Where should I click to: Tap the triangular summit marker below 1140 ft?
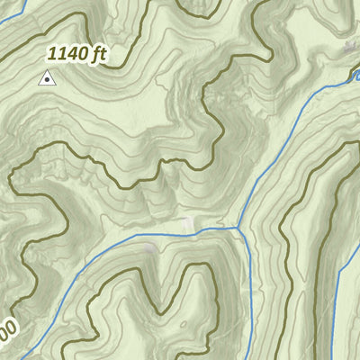click(46, 79)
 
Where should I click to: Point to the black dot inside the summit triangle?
click(46, 80)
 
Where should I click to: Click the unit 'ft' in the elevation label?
click(99, 54)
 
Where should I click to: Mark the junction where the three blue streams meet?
click(240, 228)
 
